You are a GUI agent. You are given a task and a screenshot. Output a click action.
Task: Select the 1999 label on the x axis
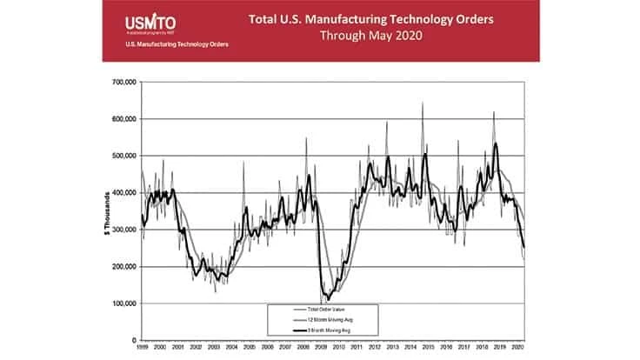point(142,348)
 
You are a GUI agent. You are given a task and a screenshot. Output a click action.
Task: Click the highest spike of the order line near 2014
point(423,103)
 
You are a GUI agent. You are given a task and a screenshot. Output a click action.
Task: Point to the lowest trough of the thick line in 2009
point(327,299)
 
